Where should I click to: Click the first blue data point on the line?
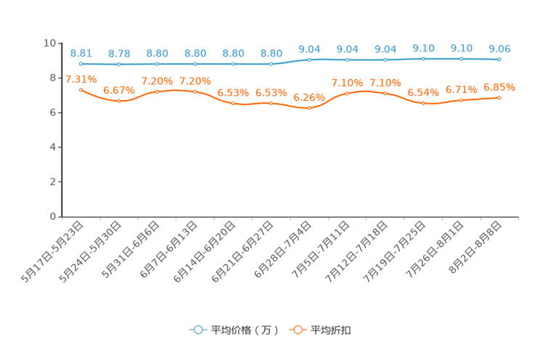pyautogui.click(x=81, y=64)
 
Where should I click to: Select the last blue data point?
pyautogui.click(x=499, y=60)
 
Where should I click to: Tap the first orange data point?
pyautogui.click(x=81, y=89)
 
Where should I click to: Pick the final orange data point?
pyautogui.click(x=499, y=97)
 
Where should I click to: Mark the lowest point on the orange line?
pyautogui.click(x=309, y=108)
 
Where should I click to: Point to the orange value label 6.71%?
pyautogui.click(x=462, y=89)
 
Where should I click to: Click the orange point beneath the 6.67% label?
pyautogui.click(x=119, y=102)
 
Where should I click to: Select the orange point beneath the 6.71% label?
pyautogui.click(x=461, y=100)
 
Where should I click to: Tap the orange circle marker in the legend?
pyautogui.click(x=298, y=330)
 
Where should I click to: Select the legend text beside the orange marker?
pyautogui.click(x=332, y=330)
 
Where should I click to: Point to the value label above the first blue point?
pyautogui.click(x=81, y=53)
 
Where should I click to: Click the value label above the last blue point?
pyautogui.click(x=499, y=49)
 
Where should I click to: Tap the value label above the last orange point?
pyautogui.click(x=499, y=86)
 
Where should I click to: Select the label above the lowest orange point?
pyautogui.click(x=309, y=97)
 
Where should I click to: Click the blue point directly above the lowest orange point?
pyautogui.click(x=309, y=60)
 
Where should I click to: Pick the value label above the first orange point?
pyautogui.click(x=81, y=78)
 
